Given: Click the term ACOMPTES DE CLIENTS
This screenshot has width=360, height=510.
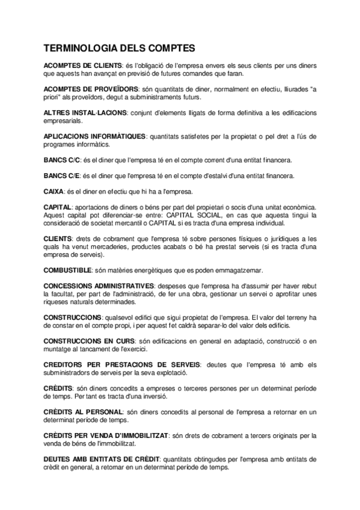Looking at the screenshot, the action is [x=82, y=65].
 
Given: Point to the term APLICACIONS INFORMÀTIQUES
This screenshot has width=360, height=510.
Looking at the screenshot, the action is [x=94, y=137].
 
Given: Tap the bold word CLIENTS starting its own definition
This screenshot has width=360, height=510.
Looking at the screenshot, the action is [x=58, y=239].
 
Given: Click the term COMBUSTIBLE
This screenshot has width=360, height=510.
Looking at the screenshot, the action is [x=68, y=269].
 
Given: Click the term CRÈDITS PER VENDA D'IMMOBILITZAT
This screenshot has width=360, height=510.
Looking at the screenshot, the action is [x=106, y=435].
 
